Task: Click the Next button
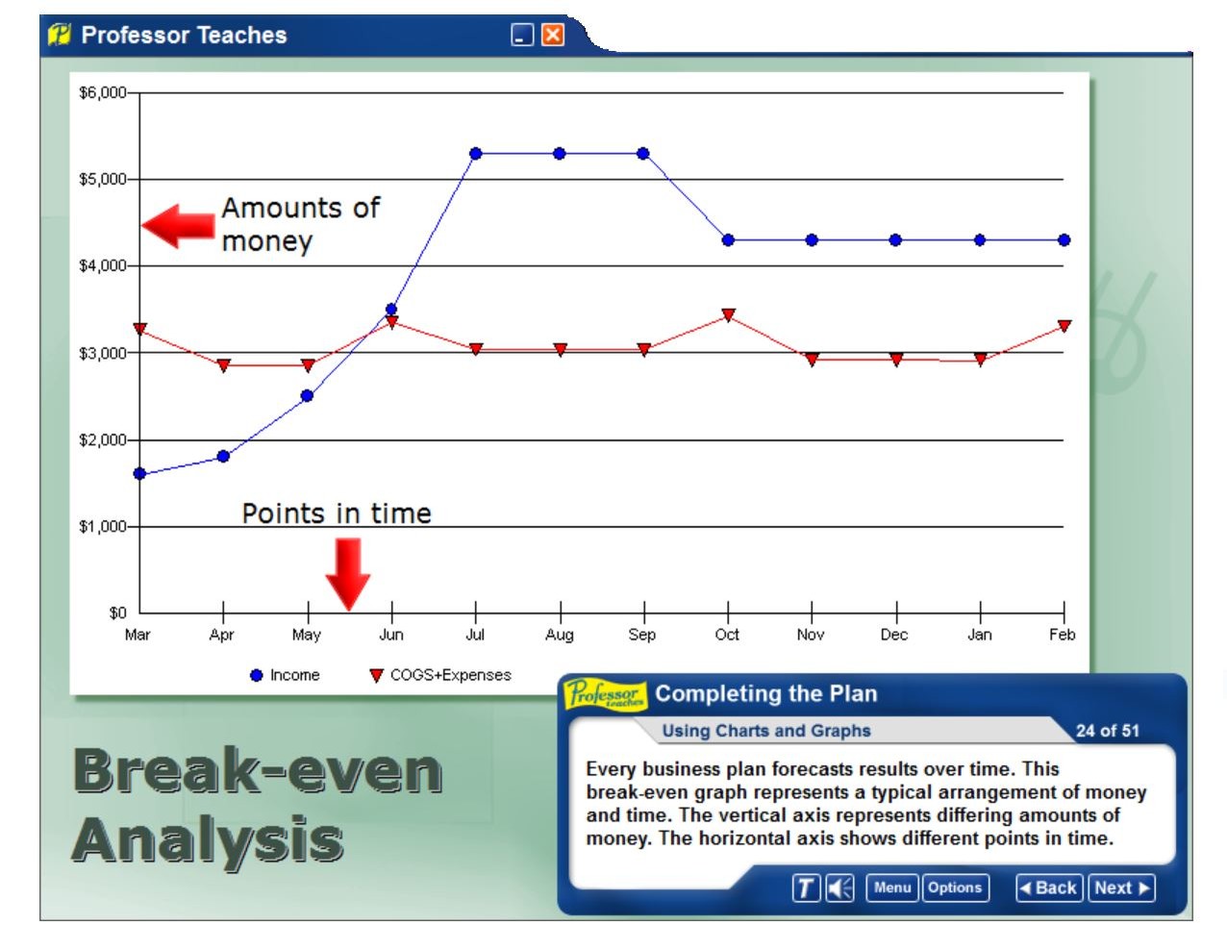point(1121,887)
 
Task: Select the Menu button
point(891,887)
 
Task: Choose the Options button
point(954,887)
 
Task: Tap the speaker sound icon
point(839,888)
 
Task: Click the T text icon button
point(806,888)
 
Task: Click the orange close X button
point(553,36)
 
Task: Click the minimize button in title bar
point(522,36)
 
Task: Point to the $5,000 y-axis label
point(102,179)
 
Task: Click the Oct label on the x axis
point(727,635)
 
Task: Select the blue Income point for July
point(475,154)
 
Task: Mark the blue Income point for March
point(139,474)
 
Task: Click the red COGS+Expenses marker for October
point(728,314)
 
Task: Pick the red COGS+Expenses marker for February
point(1064,326)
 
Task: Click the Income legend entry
point(285,675)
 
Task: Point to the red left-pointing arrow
point(179,226)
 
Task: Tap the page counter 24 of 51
point(1107,731)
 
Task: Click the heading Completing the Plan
point(765,693)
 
